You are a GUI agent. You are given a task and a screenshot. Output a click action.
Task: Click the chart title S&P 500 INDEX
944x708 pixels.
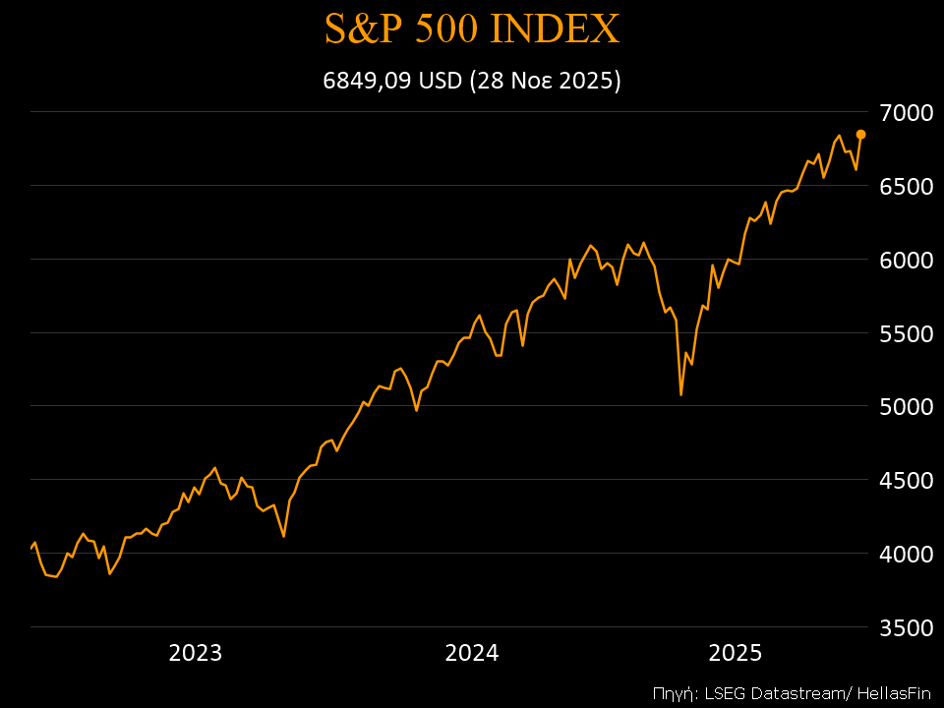click(x=472, y=29)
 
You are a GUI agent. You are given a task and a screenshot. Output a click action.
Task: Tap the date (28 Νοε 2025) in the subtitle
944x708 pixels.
click(x=546, y=81)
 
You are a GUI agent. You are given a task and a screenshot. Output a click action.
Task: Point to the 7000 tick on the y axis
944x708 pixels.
click(x=906, y=112)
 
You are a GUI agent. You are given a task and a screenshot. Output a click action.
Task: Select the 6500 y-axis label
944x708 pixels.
click(x=906, y=186)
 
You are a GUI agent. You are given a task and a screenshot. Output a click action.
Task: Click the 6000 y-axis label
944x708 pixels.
click(x=906, y=260)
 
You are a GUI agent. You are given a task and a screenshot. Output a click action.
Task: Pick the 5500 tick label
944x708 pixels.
click(x=906, y=333)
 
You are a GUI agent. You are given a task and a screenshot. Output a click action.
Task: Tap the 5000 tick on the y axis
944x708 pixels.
click(x=906, y=406)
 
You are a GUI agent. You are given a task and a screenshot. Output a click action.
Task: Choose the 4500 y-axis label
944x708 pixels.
click(x=906, y=480)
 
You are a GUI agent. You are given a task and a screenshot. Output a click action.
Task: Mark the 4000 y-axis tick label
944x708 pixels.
click(x=906, y=554)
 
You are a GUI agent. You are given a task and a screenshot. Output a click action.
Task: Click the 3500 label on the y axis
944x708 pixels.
click(x=906, y=627)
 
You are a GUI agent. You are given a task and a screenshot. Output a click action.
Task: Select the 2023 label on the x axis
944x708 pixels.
click(x=196, y=653)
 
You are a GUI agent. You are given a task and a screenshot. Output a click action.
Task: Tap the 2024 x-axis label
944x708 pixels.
click(x=472, y=653)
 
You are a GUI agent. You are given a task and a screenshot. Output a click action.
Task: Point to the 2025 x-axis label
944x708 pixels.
click(x=736, y=653)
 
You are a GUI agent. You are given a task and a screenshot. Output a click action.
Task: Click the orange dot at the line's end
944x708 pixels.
click(x=860, y=134)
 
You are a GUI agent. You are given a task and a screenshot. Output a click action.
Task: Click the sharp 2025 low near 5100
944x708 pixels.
click(x=680, y=393)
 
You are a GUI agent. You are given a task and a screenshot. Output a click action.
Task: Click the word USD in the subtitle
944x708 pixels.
click(x=441, y=81)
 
